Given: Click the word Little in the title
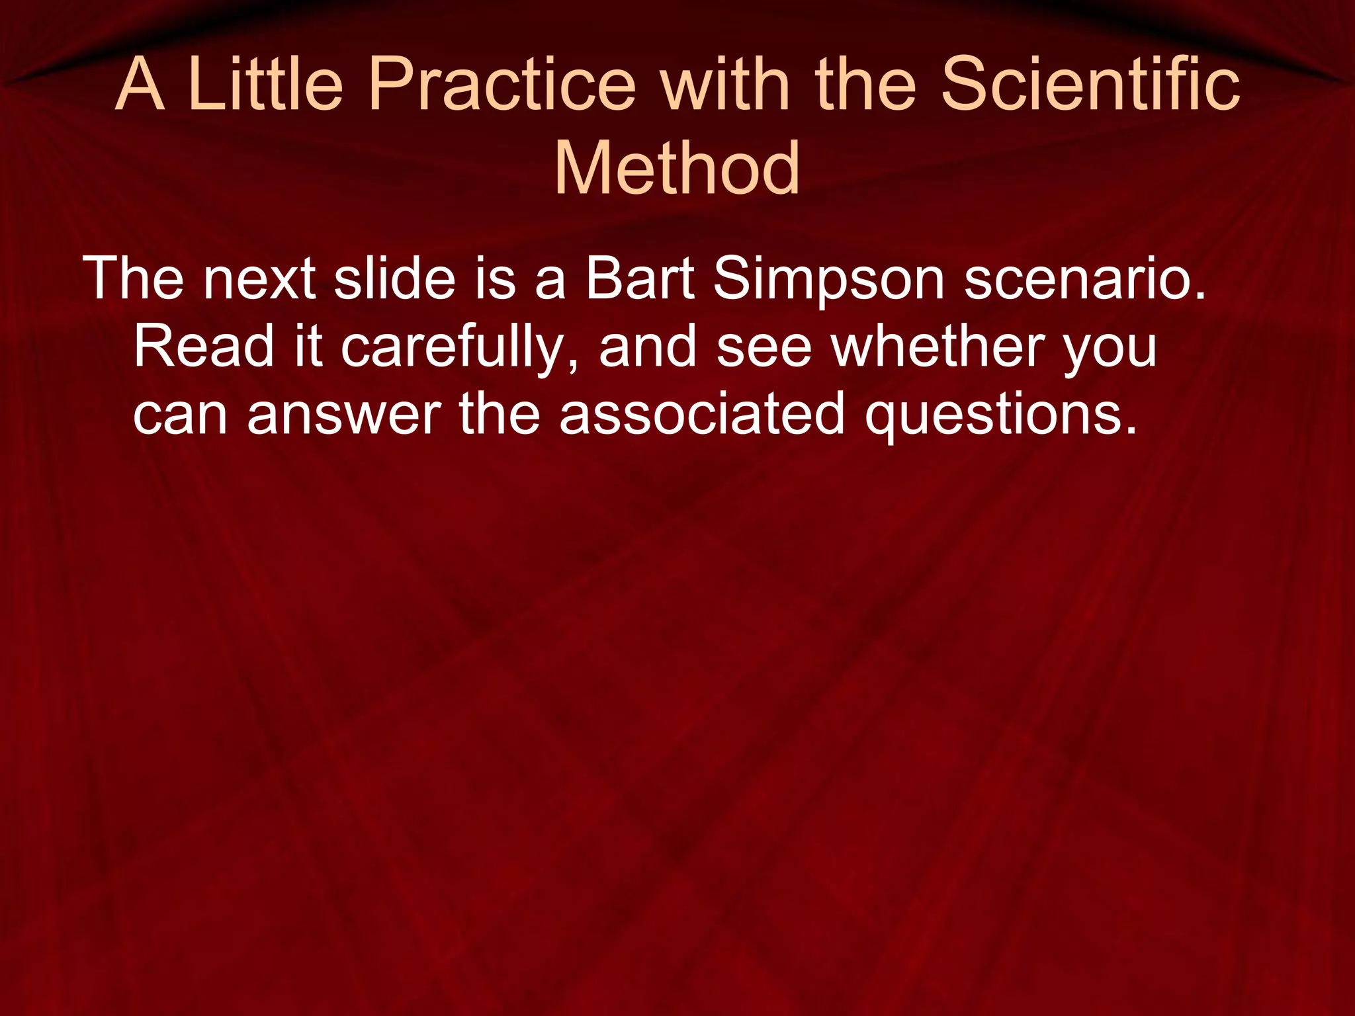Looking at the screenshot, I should tap(265, 85).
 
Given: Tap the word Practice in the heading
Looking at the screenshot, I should tap(501, 85).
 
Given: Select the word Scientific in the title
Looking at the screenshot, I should tap(1090, 85).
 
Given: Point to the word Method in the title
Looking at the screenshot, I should tap(677, 169).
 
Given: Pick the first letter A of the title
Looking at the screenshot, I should tap(140, 85).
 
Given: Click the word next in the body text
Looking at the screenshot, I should tap(259, 279).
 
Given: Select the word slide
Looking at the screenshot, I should tap(395, 279).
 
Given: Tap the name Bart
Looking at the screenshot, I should tap(639, 279).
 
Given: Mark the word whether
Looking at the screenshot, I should tap(938, 347).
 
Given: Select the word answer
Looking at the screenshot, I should tap(344, 415).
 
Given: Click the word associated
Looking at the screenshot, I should tap(702, 414).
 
